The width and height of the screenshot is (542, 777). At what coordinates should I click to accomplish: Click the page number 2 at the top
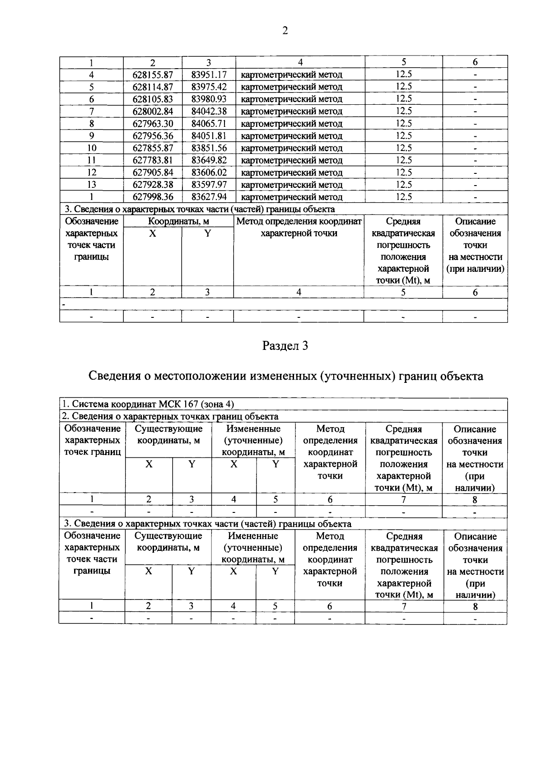click(285, 31)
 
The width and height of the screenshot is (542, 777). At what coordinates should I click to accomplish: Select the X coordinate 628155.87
click(153, 74)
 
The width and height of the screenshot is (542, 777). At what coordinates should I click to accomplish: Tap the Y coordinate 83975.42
click(209, 87)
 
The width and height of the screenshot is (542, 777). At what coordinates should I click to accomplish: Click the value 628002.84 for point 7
click(153, 111)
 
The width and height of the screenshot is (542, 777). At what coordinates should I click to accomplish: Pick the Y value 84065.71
click(209, 123)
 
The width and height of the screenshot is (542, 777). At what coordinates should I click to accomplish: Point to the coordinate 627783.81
click(153, 160)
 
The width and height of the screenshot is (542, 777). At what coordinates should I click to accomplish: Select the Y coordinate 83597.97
click(209, 185)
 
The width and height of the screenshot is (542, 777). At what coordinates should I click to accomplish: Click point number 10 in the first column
click(92, 148)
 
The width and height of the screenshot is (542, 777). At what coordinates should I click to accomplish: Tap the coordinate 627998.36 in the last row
click(153, 197)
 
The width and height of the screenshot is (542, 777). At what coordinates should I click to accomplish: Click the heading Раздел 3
click(285, 346)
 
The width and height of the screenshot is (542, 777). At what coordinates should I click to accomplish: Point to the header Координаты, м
click(179, 222)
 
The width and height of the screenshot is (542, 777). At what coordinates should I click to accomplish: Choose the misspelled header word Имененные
click(253, 536)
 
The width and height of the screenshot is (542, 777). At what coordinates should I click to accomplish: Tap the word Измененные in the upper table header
click(253, 429)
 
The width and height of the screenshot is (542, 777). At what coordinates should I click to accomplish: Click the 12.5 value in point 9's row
click(403, 136)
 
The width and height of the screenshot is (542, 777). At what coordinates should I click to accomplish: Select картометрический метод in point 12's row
click(292, 172)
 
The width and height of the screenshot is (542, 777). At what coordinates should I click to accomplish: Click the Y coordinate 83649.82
click(209, 160)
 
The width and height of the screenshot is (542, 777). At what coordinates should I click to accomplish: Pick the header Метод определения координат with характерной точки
click(299, 227)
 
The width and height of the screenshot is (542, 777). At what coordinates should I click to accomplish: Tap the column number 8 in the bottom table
click(475, 607)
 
